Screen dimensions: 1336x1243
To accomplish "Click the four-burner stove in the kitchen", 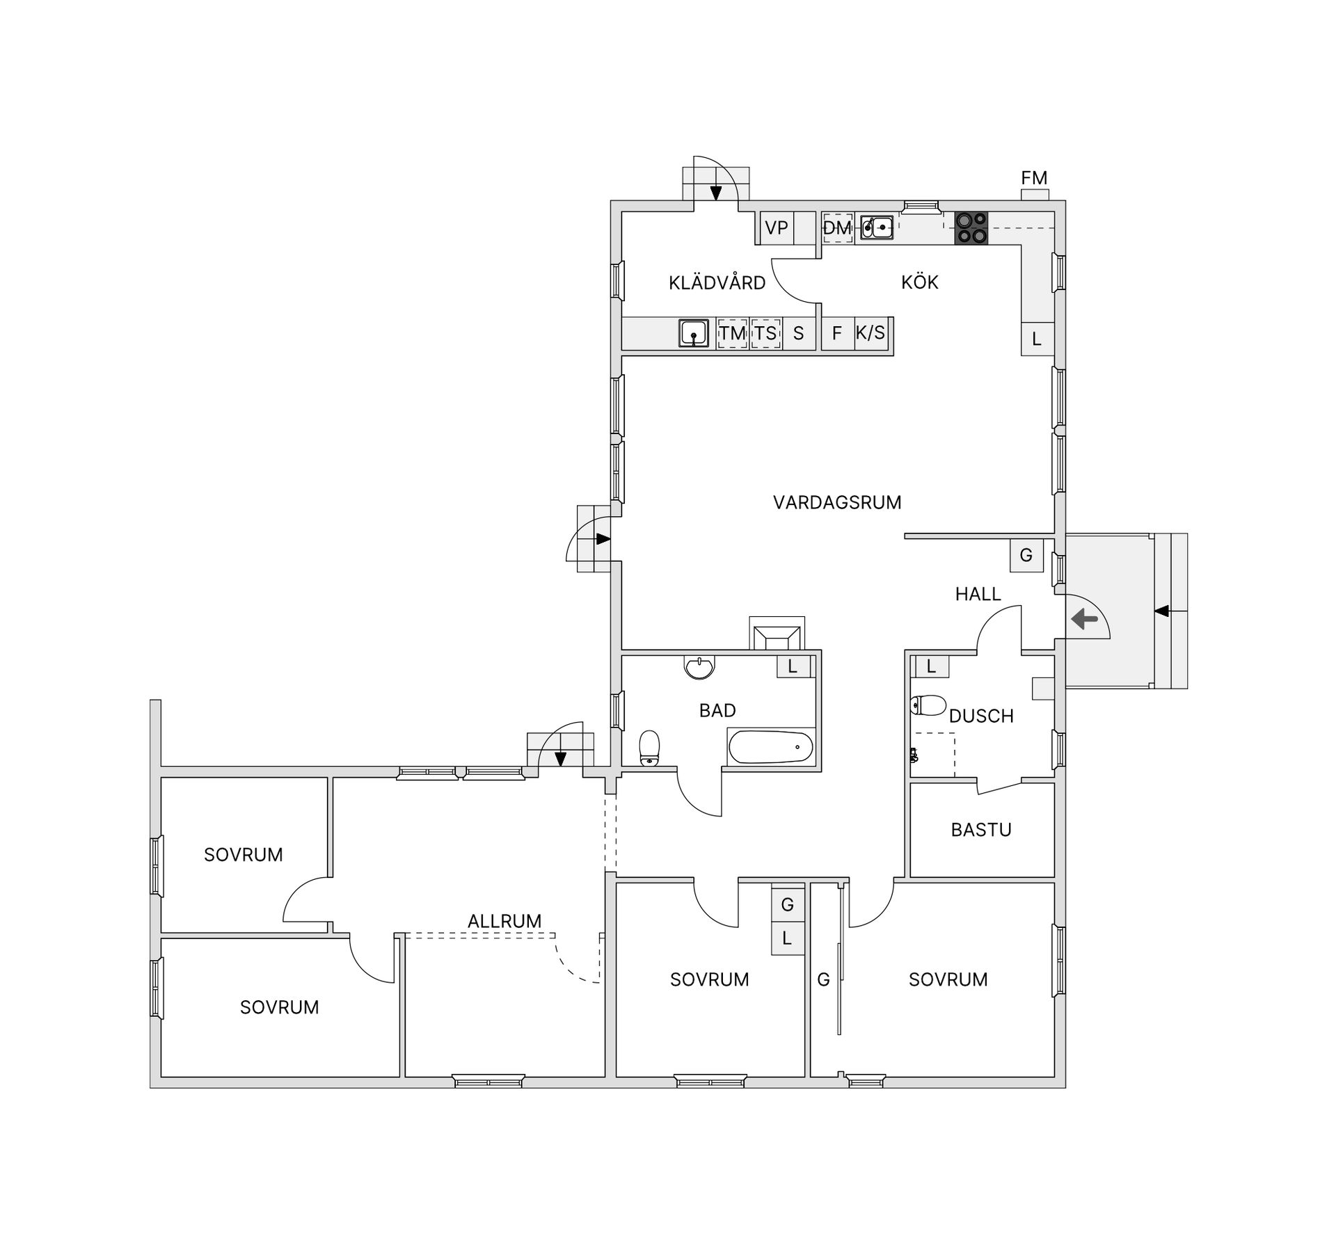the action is (x=971, y=228).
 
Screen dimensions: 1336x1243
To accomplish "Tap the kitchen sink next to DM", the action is (x=877, y=227).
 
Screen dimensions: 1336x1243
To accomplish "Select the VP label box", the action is (x=777, y=227).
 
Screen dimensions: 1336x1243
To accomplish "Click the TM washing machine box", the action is (x=732, y=333).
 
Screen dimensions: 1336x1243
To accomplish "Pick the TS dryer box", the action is (x=765, y=333).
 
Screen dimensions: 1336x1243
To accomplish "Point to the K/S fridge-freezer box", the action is (x=870, y=333).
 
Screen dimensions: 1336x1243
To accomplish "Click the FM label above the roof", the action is (x=1034, y=178).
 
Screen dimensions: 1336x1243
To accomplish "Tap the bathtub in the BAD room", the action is (x=770, y=748).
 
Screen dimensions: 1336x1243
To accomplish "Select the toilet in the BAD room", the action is (x=649, y=748).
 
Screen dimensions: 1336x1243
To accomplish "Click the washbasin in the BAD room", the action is (x=699, y=668).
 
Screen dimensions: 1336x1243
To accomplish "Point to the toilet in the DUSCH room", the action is (x=928, y=705).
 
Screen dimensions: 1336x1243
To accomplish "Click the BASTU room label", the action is (x=981, y=830).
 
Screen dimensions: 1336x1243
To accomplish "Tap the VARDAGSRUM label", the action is (x=837, y=502).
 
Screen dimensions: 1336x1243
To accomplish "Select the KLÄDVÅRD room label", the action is (x=717, y=282).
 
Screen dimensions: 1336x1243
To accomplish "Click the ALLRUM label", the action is (x=504, y=921).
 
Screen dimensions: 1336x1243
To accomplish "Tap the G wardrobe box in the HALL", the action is (x=1026, y=555).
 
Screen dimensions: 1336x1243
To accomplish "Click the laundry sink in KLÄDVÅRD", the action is (x=694, y=333).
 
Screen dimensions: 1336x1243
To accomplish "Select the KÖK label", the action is (x=920, y=282).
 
